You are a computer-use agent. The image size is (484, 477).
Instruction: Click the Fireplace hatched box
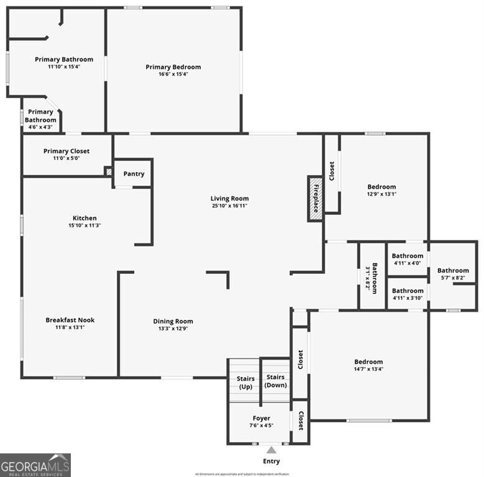click(316, 198)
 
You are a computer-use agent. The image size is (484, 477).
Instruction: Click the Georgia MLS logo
click(35, 465)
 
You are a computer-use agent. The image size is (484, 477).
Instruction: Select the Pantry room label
click(134, 174)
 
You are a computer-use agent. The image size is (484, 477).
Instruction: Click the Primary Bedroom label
click(173, 67)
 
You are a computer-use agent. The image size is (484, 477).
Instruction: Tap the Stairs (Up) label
click(245, 382)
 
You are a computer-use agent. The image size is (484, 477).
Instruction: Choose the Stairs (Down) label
click(275, 381)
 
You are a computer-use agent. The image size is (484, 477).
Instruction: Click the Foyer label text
click(261, 418)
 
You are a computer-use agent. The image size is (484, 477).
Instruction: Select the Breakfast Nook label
click(70, 320)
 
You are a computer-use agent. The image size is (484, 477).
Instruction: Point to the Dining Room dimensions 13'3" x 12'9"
click(173, 329)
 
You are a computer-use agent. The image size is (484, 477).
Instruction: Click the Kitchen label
click(84, 218)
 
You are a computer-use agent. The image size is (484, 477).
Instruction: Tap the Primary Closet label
click(66, 151)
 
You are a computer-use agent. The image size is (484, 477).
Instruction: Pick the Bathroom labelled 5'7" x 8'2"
click(453, 270)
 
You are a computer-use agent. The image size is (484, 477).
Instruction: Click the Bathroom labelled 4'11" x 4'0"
click(408, 256)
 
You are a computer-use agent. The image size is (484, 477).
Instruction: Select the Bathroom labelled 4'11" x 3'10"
click(408, 291)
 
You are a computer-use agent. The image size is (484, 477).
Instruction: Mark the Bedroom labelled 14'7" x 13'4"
click(368, 362)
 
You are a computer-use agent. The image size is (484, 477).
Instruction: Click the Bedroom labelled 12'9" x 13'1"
click(381, 187)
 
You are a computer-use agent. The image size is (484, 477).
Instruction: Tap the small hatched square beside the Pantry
click(108, 171)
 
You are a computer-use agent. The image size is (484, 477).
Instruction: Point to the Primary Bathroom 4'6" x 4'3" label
click(40, 116)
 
